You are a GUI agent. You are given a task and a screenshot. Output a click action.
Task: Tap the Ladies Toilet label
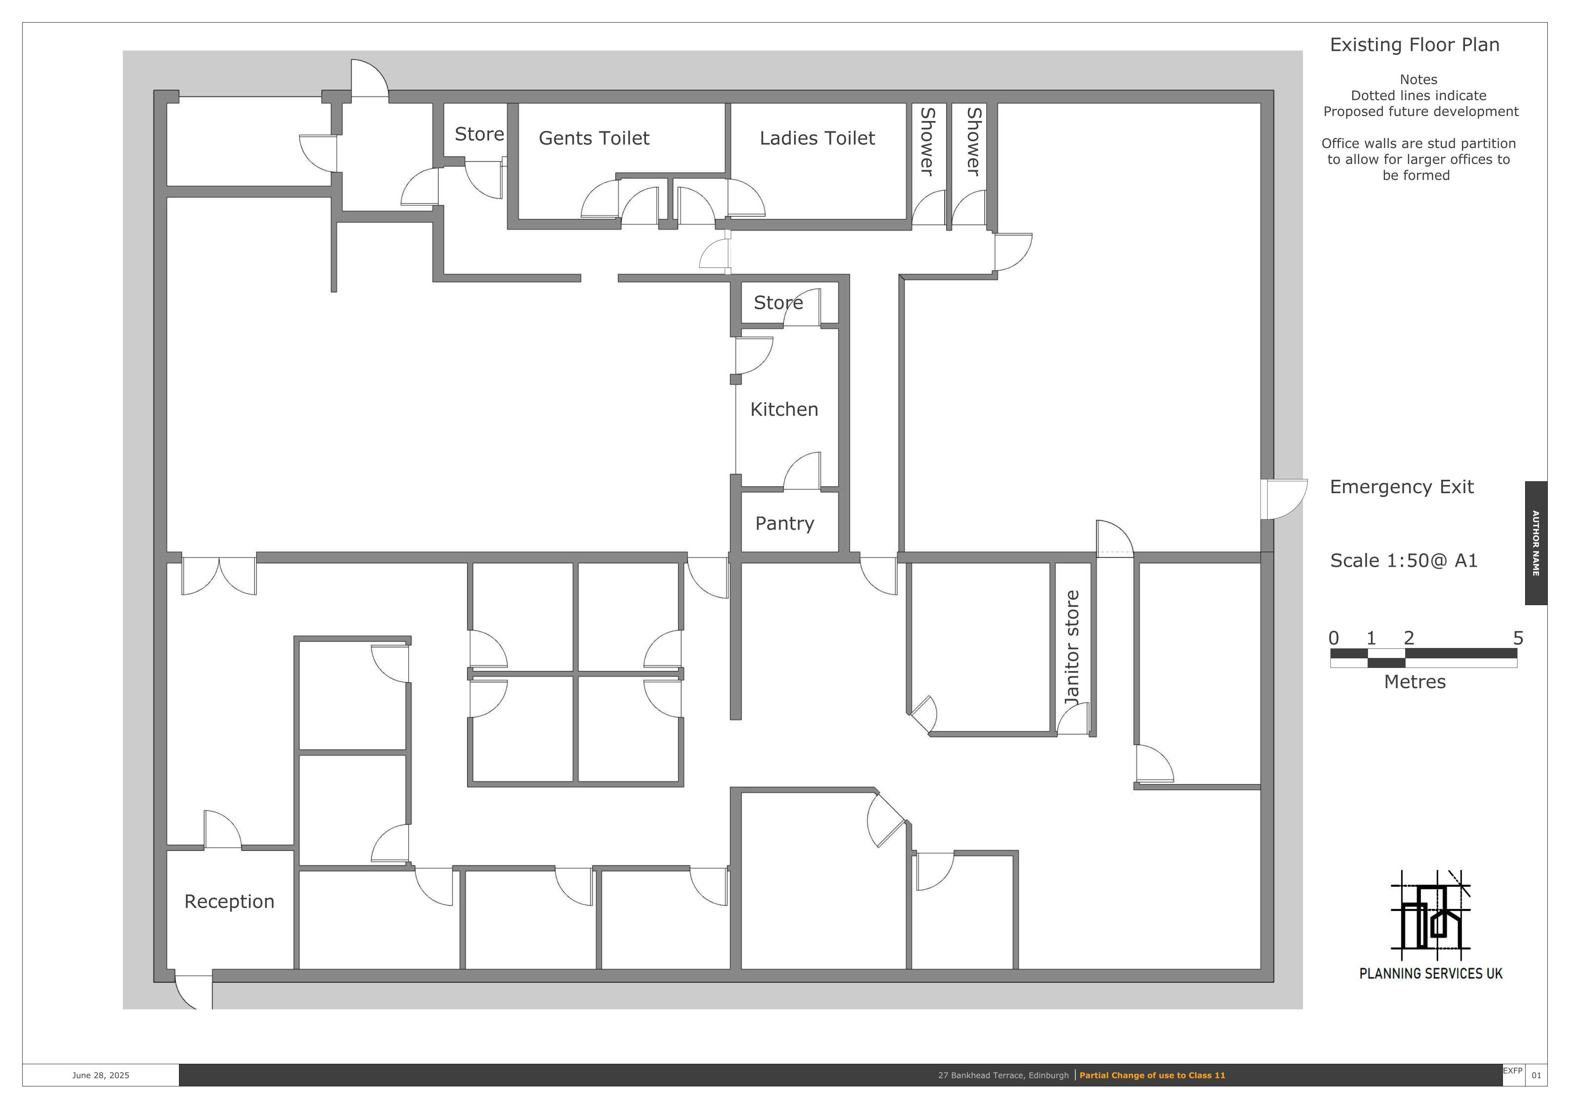point(817,138)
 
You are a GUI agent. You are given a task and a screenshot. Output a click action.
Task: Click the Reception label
point(229,901)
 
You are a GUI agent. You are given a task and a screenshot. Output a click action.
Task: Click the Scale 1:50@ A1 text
point(1403,561)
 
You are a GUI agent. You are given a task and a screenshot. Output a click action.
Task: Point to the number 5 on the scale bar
point(1518,638)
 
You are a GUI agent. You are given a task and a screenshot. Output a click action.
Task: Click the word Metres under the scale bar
point(1415,682)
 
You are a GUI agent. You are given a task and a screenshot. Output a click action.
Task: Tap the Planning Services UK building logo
point(1430,913)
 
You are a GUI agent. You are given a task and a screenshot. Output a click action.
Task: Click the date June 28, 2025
point(100,1076)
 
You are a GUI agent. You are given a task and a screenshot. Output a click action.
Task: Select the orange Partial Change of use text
point(1152,1076)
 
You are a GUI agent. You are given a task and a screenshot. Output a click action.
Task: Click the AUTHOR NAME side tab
point(1536,543)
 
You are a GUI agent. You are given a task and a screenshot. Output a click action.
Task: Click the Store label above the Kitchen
point(778,302)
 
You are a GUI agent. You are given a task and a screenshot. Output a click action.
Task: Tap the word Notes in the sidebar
point(1418,79)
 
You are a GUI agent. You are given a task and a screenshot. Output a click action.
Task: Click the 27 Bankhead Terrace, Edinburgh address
point(1003,1076)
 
